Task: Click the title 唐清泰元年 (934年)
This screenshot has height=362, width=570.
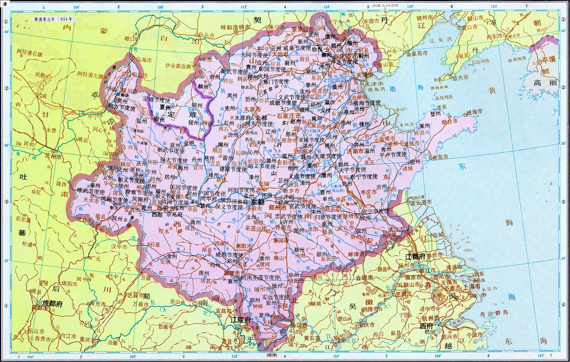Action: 54,19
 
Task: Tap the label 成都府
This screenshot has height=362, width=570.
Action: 52,303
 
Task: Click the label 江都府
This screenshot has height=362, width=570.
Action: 415,257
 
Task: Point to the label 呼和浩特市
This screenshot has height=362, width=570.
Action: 235,27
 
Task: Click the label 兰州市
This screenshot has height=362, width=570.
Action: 53,157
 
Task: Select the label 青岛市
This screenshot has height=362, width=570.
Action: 440,157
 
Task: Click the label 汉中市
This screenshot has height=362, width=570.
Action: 119,247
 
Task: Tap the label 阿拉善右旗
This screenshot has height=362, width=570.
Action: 29,53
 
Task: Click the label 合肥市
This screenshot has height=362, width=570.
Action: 364,278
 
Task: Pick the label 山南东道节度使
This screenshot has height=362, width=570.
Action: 261,277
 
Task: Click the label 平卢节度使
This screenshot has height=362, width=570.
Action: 393,155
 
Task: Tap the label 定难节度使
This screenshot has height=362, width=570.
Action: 157,100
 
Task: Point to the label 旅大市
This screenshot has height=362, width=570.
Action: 460,78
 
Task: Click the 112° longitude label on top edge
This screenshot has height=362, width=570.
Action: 243,7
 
